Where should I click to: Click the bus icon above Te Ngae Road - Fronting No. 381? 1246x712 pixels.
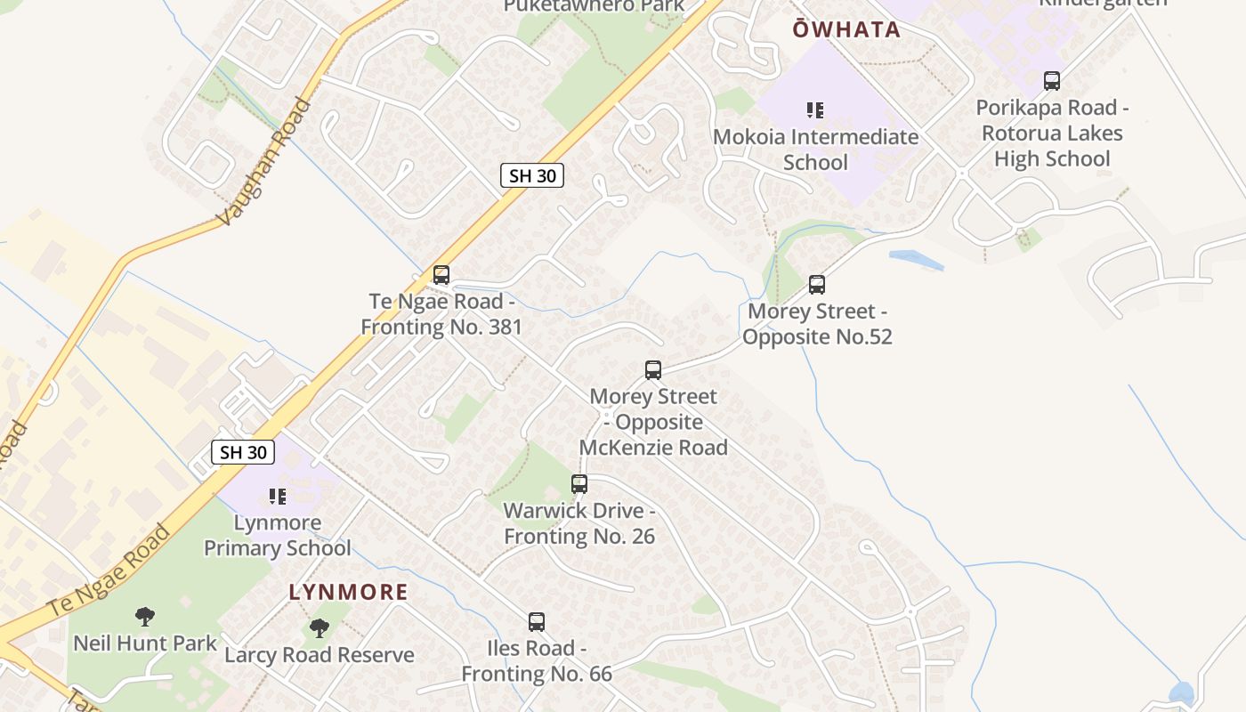(441, 275)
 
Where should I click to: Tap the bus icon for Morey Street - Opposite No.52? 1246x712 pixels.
(817, 285)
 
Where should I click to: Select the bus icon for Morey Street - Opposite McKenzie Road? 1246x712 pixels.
(653, 370)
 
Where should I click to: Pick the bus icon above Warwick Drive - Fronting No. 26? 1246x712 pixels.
(579, 484)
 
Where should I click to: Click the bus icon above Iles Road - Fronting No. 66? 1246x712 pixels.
(537, 622)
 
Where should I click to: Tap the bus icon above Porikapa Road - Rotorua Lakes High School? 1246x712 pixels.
(1052, 81)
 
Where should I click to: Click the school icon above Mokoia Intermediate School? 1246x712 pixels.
(815, 110)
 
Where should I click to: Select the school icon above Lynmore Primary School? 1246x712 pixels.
(278, 496)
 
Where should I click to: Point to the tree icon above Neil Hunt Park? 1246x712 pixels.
(145, 616)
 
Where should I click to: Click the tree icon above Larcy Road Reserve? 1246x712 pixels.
(320, 628)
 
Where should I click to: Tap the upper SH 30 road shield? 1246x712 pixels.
(532, 175)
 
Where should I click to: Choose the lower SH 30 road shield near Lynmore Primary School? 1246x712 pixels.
(243, 451)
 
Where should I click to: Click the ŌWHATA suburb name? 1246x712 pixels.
(846, 29)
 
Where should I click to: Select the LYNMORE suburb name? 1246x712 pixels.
(348, 592)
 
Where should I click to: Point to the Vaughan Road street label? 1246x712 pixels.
(264, 161)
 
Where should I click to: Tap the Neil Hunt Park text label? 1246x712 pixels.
(145, 643)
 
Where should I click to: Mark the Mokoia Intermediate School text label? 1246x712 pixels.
(815, 150)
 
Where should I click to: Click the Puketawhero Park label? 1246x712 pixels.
(594, 6)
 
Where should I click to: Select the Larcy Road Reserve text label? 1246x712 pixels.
(320, 655)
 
